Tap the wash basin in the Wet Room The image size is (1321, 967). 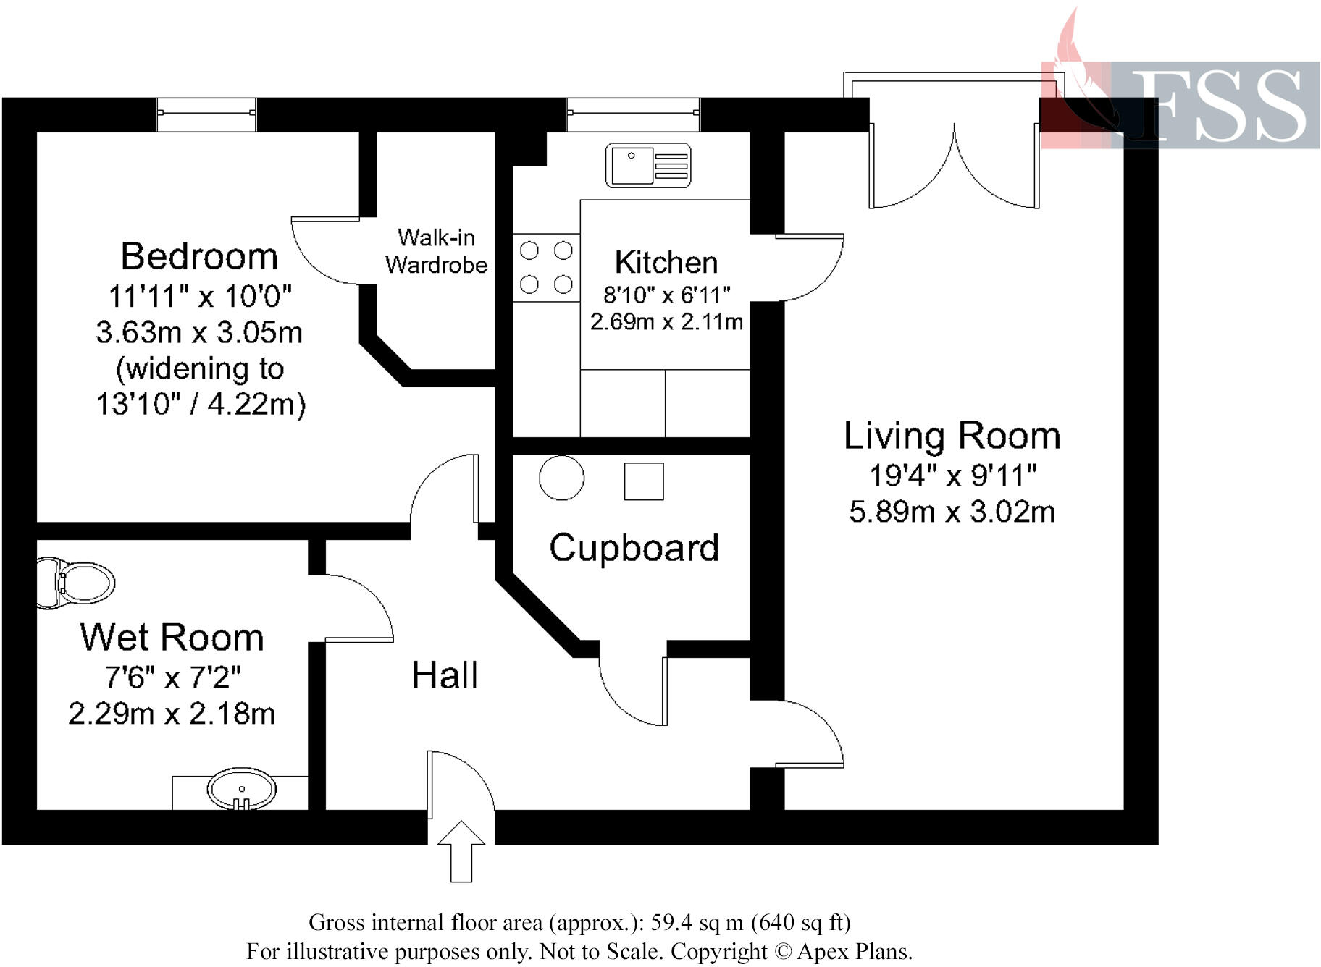[x=241, y=788]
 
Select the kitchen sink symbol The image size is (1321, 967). [x=648, y=165]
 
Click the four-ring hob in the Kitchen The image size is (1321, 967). [x=546, y=267]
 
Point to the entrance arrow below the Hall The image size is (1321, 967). [x=461, y=850]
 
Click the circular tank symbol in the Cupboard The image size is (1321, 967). [x=561, y=478]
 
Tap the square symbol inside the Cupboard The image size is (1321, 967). [x=644, y=481]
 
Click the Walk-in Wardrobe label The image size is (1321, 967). [x=436, y=251]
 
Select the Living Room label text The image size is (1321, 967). [x=952, y=436]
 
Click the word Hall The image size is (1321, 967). [x=444, y=675]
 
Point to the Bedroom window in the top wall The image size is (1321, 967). [x=206, y=114]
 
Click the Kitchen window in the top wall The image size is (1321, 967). [x=633, y=114]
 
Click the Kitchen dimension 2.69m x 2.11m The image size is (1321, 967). [x=666, y=321]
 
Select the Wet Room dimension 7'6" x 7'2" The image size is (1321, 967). [x=172, y=677]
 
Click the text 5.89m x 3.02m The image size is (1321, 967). [x=952, y=512]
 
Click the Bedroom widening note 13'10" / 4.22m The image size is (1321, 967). [x=201, y=404]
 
